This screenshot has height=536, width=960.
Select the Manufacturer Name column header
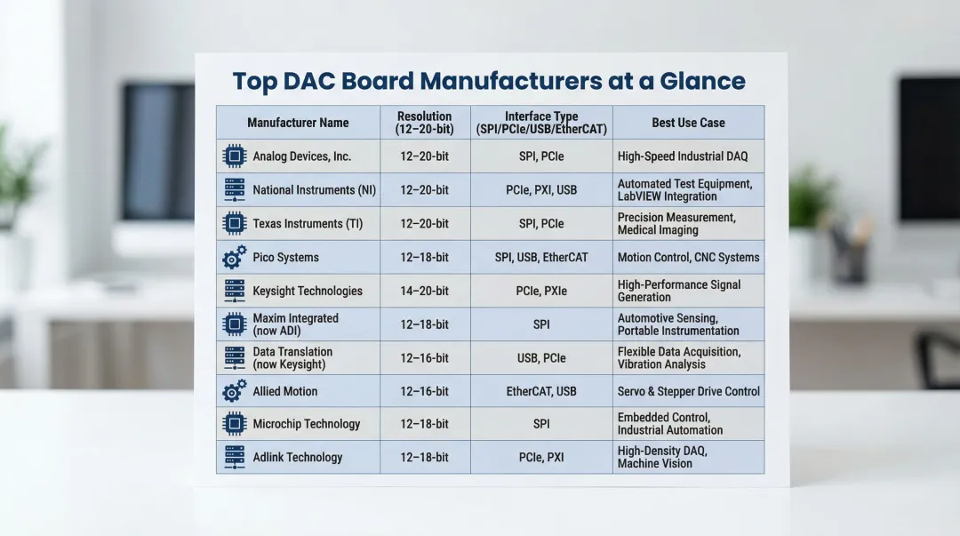[x=298, y=123]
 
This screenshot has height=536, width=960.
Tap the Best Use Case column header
[x=688, y=123]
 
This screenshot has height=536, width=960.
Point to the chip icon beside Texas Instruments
[x=234, y=224]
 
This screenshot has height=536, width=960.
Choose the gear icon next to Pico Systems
[x=234, y=257]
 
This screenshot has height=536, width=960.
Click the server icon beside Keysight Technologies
[x=234, y=291]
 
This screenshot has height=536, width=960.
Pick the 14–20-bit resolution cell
[x=424, y=291]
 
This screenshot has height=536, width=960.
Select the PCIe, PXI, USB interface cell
[x=541, y=190]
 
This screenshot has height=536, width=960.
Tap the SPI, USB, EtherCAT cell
[x=541, y=257]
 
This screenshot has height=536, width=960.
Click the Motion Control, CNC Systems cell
[x=688, y=257]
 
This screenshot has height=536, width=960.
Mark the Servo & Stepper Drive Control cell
[x=688, y=391]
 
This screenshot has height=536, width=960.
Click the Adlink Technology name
[x=298, y=457]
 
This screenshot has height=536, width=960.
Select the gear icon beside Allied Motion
[x=234, y=391]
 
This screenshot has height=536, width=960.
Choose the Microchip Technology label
[x=306, y=424]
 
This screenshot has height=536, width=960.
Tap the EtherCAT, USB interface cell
[x=541, y=391]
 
